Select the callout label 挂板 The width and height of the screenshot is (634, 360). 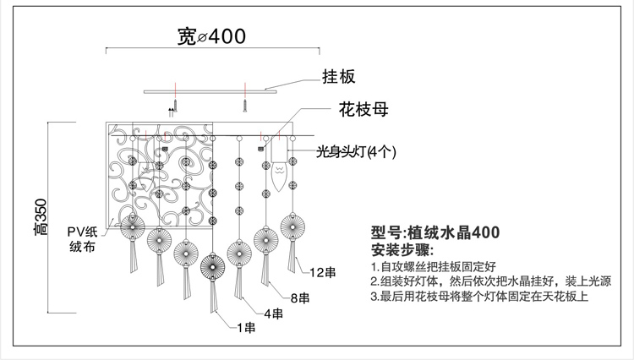[x=337, y=77]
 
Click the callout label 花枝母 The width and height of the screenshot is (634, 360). [x=356, y=110]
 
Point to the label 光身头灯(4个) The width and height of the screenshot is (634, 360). [x=356, y=152]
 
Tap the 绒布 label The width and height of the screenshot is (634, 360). [x=82, y=248]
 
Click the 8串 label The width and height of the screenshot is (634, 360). [x=298, y=297]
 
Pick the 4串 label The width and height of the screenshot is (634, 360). [x=272, y=314]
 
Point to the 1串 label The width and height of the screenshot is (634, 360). [x=246, y=328]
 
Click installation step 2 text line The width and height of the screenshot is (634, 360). [x=490, y=281]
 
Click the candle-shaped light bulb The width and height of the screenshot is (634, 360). [x=281, y=180]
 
